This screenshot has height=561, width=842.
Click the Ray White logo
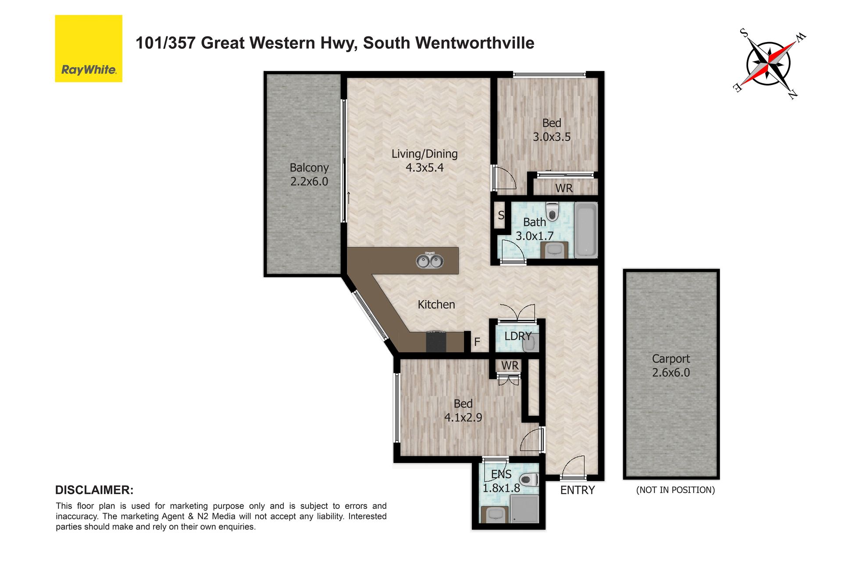click(89, 49)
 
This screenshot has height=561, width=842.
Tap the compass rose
click(769, 64)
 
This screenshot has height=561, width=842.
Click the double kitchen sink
click(430, 261)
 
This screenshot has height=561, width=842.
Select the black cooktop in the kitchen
click(436, 341)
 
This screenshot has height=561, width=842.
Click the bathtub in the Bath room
click(586, 230)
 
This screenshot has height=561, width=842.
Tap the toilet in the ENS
click(529, 479)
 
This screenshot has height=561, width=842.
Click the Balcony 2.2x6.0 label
click(309, 174)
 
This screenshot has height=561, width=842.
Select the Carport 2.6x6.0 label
click(671, 366)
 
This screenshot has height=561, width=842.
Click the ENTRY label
click(578, 490)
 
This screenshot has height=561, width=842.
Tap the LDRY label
click(518, 336)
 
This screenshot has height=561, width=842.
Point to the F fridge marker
click(477, 342)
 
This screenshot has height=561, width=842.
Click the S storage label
click(501, 215)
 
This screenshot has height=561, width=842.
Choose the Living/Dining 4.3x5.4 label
click(425, 160)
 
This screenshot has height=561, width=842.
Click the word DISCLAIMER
click(94, 490)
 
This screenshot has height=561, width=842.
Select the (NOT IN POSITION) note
click(675, 490)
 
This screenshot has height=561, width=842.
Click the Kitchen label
click(436, 305)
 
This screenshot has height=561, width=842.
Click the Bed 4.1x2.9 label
click(463, 410)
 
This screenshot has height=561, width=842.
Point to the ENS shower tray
click(524, 509)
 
